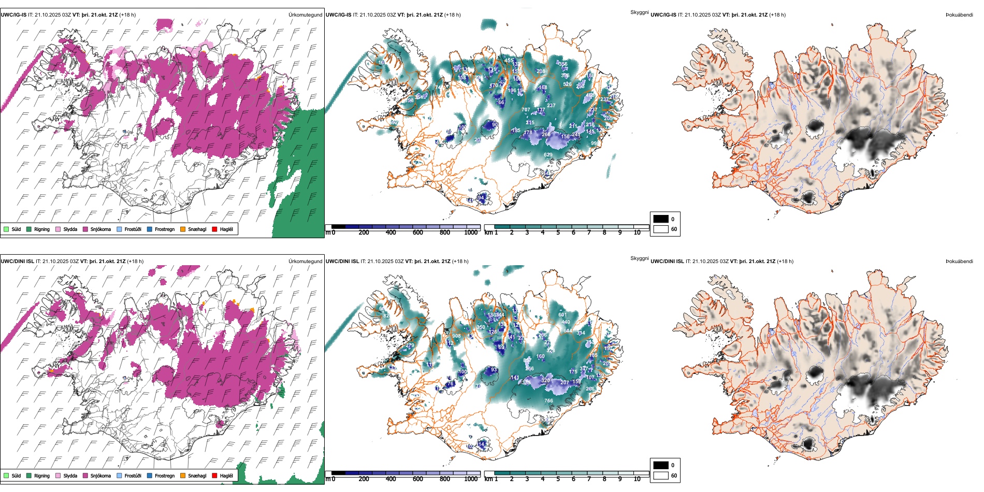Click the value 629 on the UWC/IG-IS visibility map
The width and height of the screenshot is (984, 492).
pos(548,155)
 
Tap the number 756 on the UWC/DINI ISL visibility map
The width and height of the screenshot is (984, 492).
pos(548,401)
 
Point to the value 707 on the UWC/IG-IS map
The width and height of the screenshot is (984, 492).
pos(526,110)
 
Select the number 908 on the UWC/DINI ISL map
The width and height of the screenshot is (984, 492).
pos(456,336)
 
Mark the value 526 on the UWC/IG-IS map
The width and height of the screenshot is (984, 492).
pos(567,84)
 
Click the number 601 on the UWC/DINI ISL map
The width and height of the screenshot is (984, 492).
pos(562,315)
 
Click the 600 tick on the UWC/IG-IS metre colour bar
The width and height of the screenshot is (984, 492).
pos(418,233)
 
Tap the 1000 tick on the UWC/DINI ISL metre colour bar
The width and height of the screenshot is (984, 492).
pos(471,479)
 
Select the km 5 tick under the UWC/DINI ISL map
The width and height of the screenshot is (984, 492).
pos(558,479)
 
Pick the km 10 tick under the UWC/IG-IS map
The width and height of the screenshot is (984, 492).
pos(637,233)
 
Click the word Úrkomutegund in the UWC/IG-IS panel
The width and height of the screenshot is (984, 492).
pos(305,15)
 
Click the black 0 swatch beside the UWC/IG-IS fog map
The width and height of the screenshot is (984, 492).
pos(661,219)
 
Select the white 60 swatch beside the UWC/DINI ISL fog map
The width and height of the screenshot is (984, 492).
pos(661,475)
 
